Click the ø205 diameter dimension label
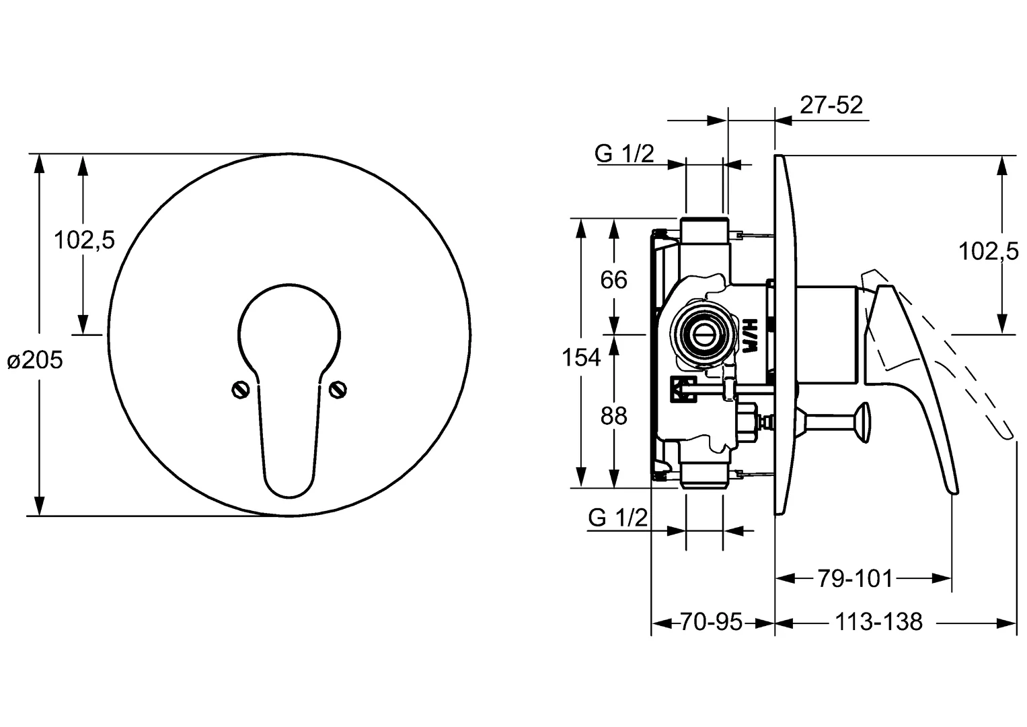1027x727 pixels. (x=35, y=361)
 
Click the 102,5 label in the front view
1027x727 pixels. (x=84, y=240)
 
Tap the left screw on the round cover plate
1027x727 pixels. (x=240, y=390)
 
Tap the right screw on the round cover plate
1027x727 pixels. (x=338, y=390)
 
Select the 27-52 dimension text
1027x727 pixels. (x=831, y=105)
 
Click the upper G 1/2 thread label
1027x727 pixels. (x=624, y=153)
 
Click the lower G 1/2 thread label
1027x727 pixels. (x=618, y=518)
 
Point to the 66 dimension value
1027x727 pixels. (x=614, y=280)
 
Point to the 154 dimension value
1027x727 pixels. (x=581, y=357)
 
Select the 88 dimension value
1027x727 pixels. (x=614, y=417)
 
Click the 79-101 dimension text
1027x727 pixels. (x=855, y=579)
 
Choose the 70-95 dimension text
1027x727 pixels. (x=711, y=622)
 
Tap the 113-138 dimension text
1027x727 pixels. (x=879, y=622)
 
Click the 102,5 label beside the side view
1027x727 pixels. (x=989, y=252)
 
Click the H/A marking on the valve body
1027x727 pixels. (x=749, y=336)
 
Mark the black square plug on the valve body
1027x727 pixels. (x=683, y=390)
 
